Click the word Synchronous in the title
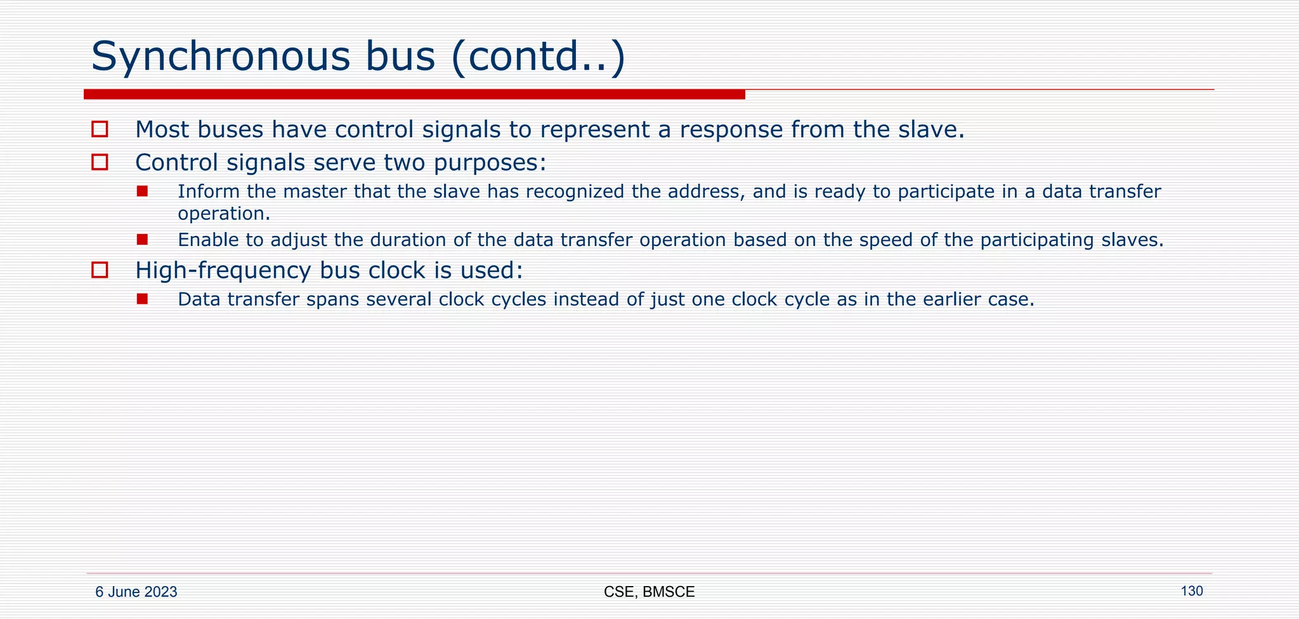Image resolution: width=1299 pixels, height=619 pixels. pos(220,56)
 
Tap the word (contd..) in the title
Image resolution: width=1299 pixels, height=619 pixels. pos(539,56)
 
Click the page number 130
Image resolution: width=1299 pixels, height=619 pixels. pos(1191,591)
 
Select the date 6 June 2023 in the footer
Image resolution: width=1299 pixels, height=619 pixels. pos(136,592)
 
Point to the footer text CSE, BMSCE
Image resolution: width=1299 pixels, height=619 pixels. pos(649,592)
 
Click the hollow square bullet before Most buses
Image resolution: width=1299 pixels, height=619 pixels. pos(100,129)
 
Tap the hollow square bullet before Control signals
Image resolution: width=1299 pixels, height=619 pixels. pos(100,162)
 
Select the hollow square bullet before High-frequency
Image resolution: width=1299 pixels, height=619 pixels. pos(100,270)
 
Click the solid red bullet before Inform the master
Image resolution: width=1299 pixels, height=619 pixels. pos(142,191)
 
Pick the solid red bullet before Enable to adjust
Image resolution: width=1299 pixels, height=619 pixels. pos(142,240)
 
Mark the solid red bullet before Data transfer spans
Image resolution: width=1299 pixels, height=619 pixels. pos(142,299)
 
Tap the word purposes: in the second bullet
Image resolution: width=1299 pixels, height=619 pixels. pos(490,163)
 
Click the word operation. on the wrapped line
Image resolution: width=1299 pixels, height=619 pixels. pos(224,214)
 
